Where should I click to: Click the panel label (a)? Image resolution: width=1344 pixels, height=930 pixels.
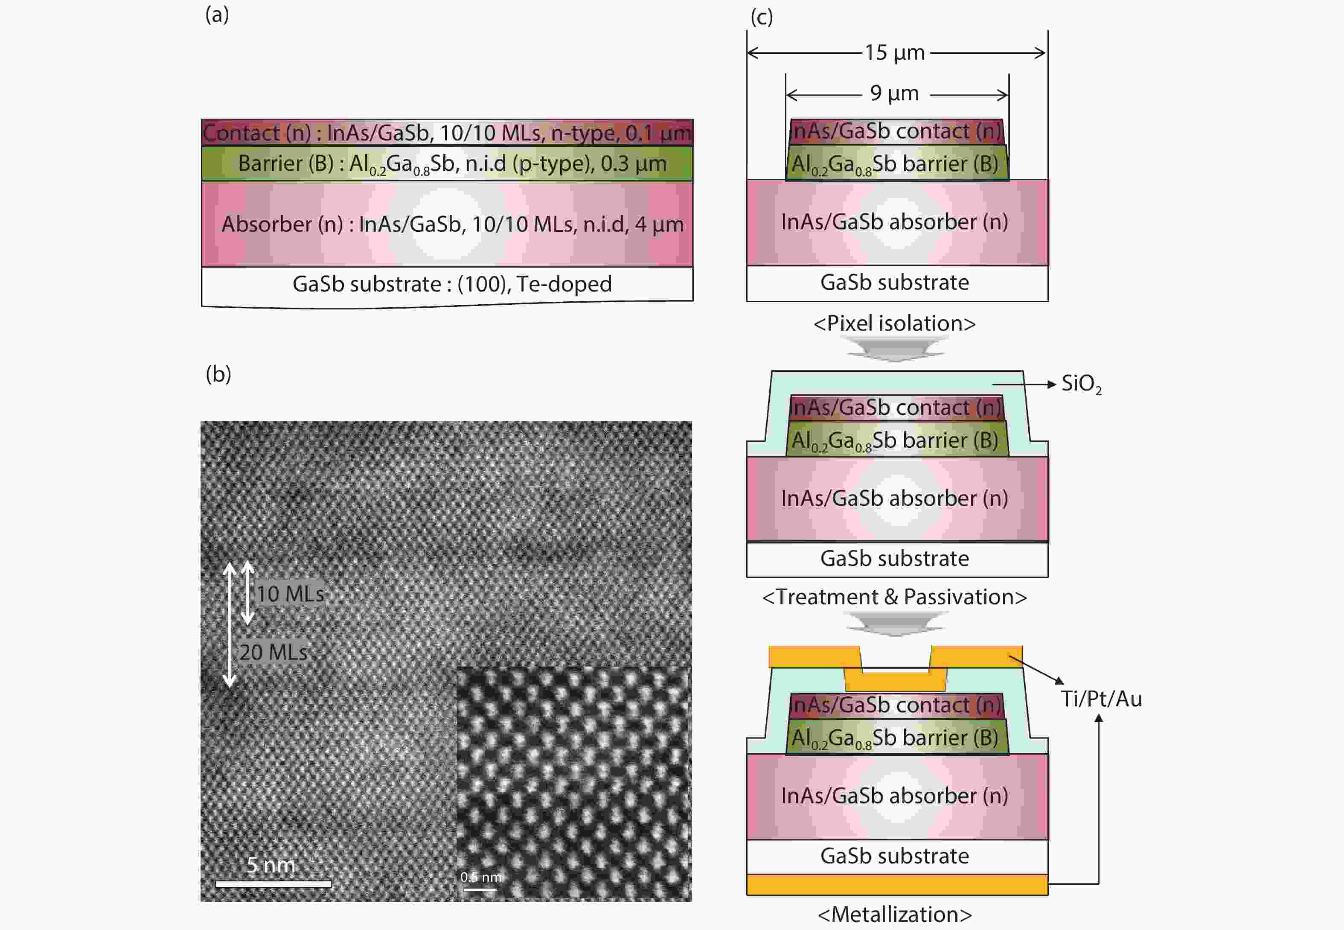click(x=217, y=15)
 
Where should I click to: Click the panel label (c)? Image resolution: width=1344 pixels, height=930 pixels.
click(x=762, y=17)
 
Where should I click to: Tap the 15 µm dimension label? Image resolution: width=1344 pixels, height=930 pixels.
click(x=895, y=52)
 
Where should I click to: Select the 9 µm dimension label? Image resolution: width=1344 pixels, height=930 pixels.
click(x=895, y=93)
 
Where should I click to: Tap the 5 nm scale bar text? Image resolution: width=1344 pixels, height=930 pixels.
click(x=271, y=865)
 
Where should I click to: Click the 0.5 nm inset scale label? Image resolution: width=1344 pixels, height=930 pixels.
click(x=480, y=877)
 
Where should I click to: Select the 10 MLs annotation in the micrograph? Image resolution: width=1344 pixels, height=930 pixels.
click(x=290, y=594)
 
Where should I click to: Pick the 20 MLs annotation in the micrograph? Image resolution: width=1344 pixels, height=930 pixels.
click(x=273, y=652)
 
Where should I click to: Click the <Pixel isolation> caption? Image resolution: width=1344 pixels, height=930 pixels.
click(x=895, y=324)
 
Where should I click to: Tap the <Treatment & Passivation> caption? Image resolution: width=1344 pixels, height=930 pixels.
click(x=895, y=597)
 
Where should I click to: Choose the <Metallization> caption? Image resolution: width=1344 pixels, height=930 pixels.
click(x=895, y=914)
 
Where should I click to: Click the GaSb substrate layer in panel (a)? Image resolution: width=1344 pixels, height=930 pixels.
click(x=448, y=286)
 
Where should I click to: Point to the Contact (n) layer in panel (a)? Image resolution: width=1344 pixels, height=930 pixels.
click(x=448, y=133)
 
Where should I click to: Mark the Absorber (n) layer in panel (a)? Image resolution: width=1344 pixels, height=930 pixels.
click(x=448, y=224)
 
